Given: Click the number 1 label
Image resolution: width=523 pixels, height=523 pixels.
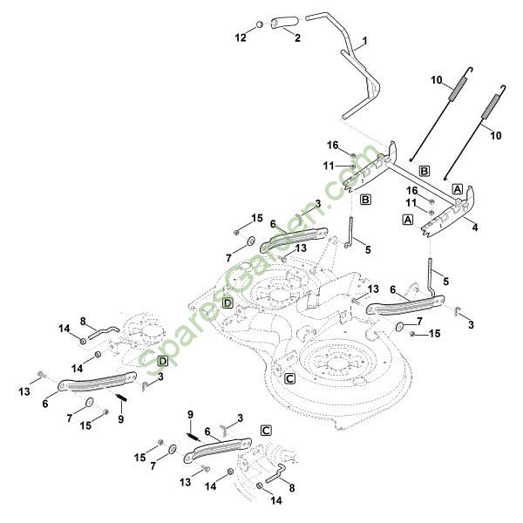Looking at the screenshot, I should click(x=364, y=41).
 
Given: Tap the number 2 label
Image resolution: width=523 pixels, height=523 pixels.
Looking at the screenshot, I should click(x=298, y=37).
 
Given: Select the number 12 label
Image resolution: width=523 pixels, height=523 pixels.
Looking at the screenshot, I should click(x=241, y=37).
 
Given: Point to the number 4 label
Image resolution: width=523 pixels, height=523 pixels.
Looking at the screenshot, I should click(x=474, y=228).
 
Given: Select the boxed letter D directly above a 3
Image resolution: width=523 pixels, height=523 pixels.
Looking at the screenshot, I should click(x=163, y=361).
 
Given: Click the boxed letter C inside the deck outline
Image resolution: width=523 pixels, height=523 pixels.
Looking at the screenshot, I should click(x=289, y=378).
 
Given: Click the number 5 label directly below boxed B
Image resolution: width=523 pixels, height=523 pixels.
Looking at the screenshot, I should click(x=367, y=250).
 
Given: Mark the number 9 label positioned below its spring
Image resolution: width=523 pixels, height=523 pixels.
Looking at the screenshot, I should click(x=120, y=419).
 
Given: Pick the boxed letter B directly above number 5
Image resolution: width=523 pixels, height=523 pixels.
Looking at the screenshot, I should click(x=366, y=200).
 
